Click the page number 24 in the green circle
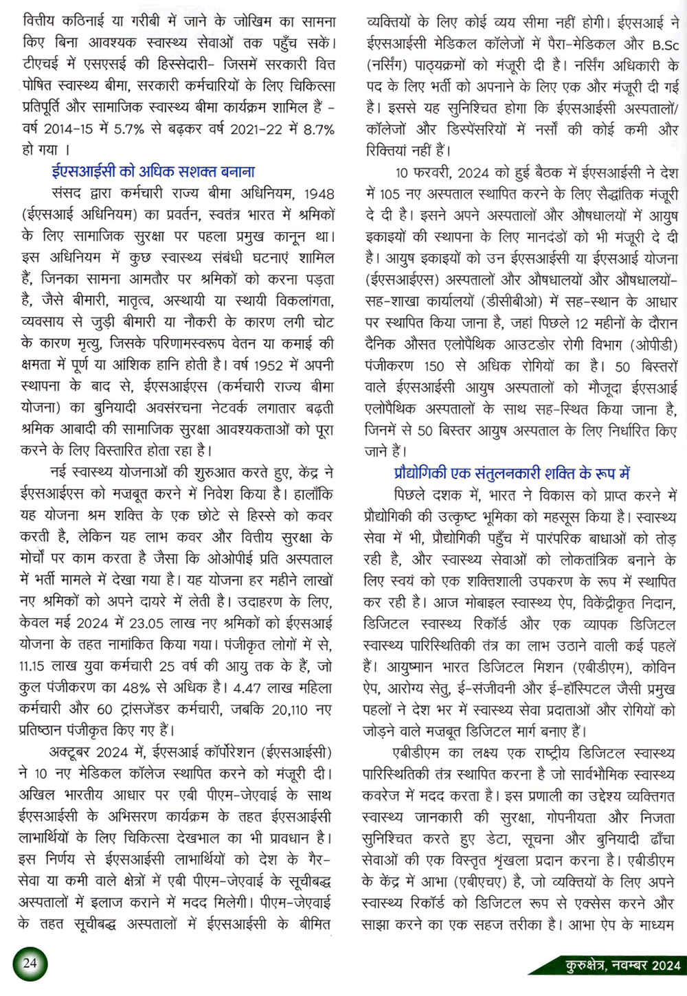[x=30, y=962]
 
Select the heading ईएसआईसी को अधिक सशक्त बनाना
[x=153, y=171]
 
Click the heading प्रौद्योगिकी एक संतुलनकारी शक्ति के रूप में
[x=512, y=473]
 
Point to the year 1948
[x=319, y=194]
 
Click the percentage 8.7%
[x=316, y=129]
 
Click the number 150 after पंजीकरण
[x=434, y=365]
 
